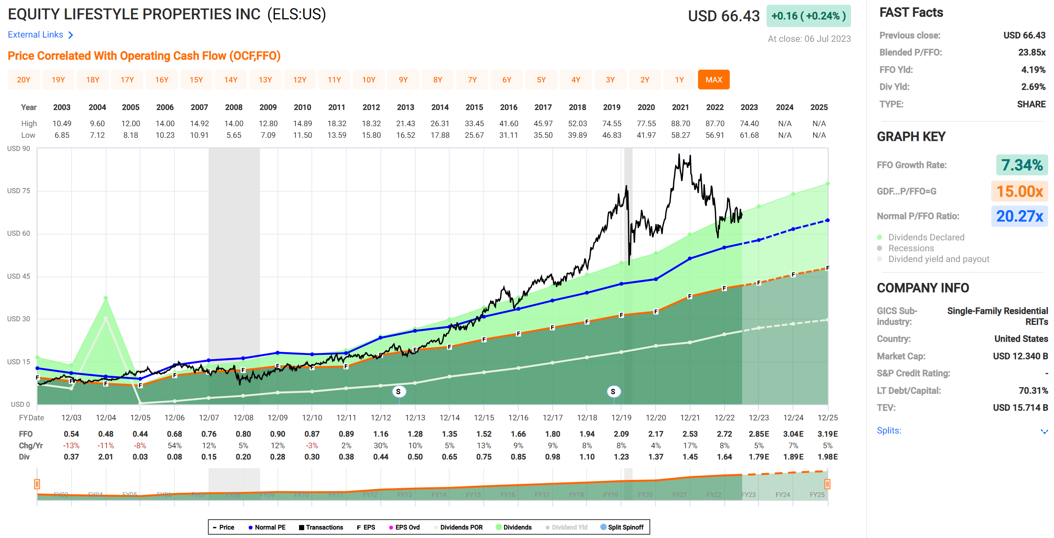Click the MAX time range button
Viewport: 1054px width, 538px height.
(713, 80)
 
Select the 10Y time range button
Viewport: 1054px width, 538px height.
(368, 80)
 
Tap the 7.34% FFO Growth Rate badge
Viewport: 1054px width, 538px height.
(1021, 165)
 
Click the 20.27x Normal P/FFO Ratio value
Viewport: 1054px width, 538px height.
(1019, 216)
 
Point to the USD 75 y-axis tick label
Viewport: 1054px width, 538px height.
(19, 191)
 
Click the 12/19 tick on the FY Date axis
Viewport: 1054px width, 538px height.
(621, 417)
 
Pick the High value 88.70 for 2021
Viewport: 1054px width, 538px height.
(680, 123)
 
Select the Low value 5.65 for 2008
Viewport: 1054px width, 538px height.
(234, 135)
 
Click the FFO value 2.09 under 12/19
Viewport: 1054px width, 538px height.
(621, 434)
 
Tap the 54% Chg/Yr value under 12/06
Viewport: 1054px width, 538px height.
(174, 445)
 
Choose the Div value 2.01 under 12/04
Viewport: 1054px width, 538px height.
(106, 457)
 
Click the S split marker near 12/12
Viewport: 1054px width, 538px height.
(399, 392)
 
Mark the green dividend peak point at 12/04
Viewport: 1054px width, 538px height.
(106, 298)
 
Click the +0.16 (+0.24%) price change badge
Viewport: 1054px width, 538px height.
(808, 16)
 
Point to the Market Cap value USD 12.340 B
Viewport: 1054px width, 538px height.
(1020, 356)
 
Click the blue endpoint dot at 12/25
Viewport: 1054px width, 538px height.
(827, 220)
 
